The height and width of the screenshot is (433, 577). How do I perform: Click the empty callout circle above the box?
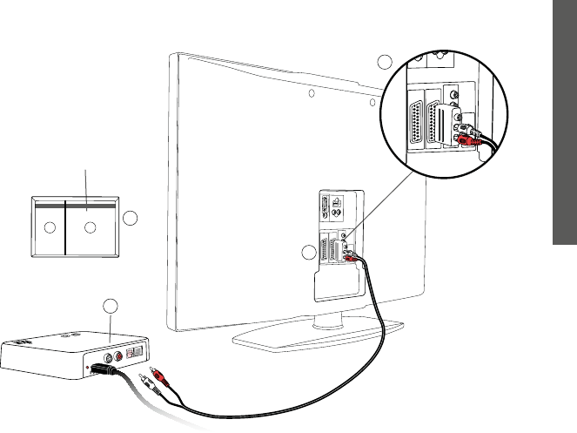coord(109,306)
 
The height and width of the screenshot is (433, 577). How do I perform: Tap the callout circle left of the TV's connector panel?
coord(306,253)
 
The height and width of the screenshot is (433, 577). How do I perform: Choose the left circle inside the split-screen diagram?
coord(50,228)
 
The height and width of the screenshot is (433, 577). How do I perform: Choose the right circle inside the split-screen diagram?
coord(89,228)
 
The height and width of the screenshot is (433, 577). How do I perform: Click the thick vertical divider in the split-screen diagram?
coord(66,228)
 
